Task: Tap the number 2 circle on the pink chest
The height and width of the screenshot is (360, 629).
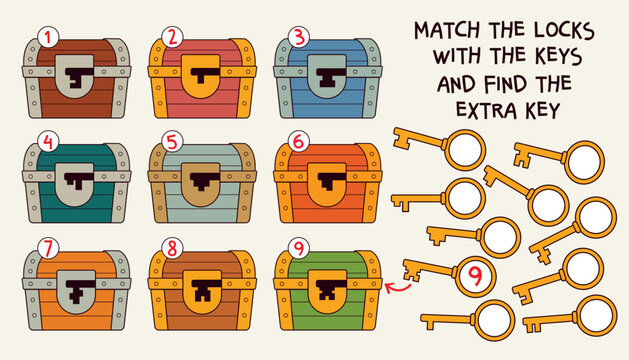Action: [x=172, y=38]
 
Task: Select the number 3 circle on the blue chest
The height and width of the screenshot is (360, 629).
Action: [x=298, y=38]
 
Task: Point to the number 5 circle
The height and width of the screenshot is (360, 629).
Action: [x=172, y=141]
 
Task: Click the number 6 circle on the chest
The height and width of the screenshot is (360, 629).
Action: [x=298, y=141]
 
